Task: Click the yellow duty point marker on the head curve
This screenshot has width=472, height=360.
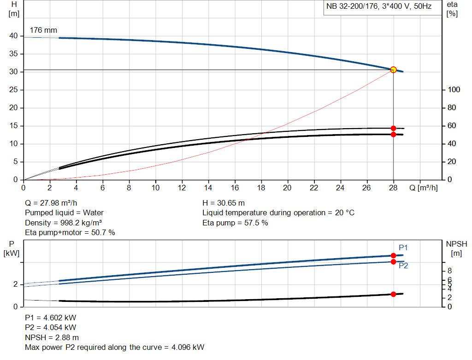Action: pyautogui.click(x=393, y=70)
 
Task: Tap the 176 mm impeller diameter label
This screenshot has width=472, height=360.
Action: pyautogui.click(x=43, y=30)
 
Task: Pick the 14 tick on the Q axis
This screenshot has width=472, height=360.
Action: pyautogui.click(x=208, y=188)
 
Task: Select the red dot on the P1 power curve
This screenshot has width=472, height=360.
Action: pyautogui.click(x=393, y=255)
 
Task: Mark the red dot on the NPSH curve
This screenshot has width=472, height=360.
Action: pyautogui.click(x=393, y=294)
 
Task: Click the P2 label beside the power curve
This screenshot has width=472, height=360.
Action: pyautogui.click(x=403, y=266)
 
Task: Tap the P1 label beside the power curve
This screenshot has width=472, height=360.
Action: pyautogui.click(x=403, y=248)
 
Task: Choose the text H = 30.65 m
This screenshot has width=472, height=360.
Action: pyautogui.click(x=224, y=203)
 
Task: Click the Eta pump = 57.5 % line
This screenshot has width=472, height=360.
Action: pyautogui.click(x=235, y=223)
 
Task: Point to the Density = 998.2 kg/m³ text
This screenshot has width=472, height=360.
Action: pyautogui.click(x=63, y=223)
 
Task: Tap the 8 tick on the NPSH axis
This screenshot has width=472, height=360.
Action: pyautogui.click(x=450, y=271)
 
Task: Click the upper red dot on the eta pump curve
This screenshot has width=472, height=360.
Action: pyautogui.click(x=393, y=128)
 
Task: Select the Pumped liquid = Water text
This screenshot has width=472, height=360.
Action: pyautogui.click(x=64, y=212)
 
